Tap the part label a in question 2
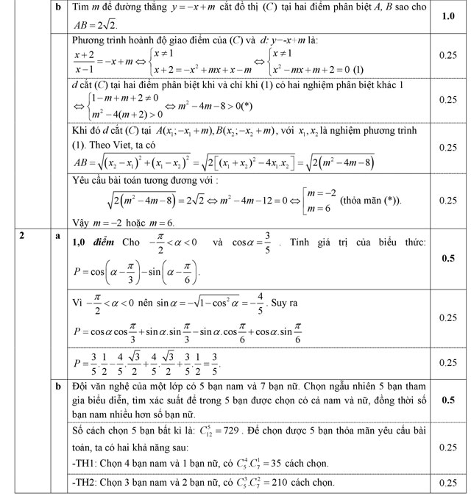click(x=57, y=236)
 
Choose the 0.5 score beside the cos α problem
click(x=447, y=258)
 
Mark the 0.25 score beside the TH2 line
click(x=447, y=483)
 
